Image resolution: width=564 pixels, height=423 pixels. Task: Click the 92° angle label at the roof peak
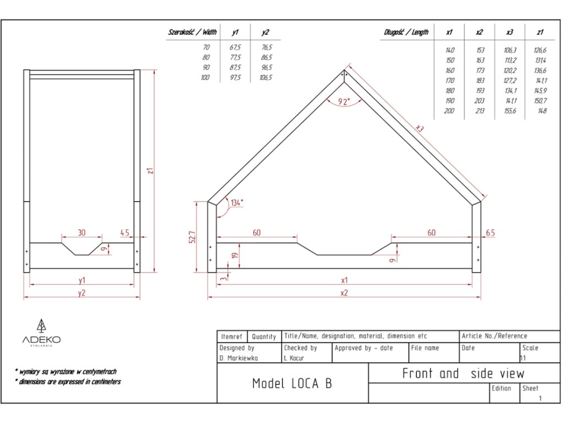(344, 101)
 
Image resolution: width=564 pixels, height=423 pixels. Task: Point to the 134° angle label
(237, 202)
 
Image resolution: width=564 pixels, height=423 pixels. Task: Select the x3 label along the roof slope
(420, 128)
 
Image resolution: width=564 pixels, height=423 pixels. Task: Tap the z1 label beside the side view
(149, 171)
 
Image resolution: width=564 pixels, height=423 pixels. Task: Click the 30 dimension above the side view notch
(82, 232)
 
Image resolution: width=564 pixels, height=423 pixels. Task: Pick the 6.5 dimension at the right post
(490, 233)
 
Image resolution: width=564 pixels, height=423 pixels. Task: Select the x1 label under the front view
(344, 280)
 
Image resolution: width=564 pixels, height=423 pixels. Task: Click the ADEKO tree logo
(41, 326)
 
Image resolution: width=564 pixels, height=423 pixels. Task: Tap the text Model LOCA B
(292, 383)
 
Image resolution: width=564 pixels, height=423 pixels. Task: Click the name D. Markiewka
(238, 358)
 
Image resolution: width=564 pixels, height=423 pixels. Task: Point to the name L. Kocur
(295, 358)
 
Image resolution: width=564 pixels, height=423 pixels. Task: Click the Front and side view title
(463, 373)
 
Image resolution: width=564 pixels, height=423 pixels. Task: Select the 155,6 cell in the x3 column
(510, 111)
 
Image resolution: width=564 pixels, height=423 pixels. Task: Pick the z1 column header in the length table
(540, 32)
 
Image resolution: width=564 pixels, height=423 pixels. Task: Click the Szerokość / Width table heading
(192, 32)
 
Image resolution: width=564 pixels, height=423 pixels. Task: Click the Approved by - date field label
(364, 348)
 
